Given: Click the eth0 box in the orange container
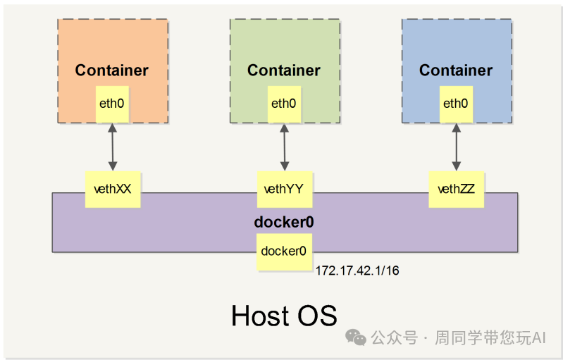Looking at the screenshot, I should click(x=112, y=104).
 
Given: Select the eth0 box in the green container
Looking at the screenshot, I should click(x=284, y=104).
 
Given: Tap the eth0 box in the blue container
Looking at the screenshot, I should click(x=456, y=104).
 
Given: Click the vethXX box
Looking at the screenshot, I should click(x=113, y=189).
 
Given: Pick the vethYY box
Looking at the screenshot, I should click(x=285, y=189).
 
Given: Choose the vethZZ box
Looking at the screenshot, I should click(x=457, y=189).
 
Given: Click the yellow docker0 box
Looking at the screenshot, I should click(x=284, y=251).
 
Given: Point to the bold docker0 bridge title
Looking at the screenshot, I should click(x=284, y=222).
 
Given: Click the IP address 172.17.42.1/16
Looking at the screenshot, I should click(x=358, y=271).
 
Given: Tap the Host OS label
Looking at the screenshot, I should click(x=284, y=315).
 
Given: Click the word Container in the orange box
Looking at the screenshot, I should click(x=112, y=70).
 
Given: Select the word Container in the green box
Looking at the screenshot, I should click(x=284, y=70).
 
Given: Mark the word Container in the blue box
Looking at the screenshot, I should click(x=456, y=70).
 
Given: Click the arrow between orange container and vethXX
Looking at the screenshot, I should click(x=112, y=147).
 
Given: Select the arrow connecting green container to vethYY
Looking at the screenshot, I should click(x=285, y=147).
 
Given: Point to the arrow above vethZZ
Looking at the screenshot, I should click(x=457, y=147).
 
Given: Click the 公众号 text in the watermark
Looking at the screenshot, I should click(x=394, y=338).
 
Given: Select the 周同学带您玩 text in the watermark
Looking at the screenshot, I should click(x=482, y=338).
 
